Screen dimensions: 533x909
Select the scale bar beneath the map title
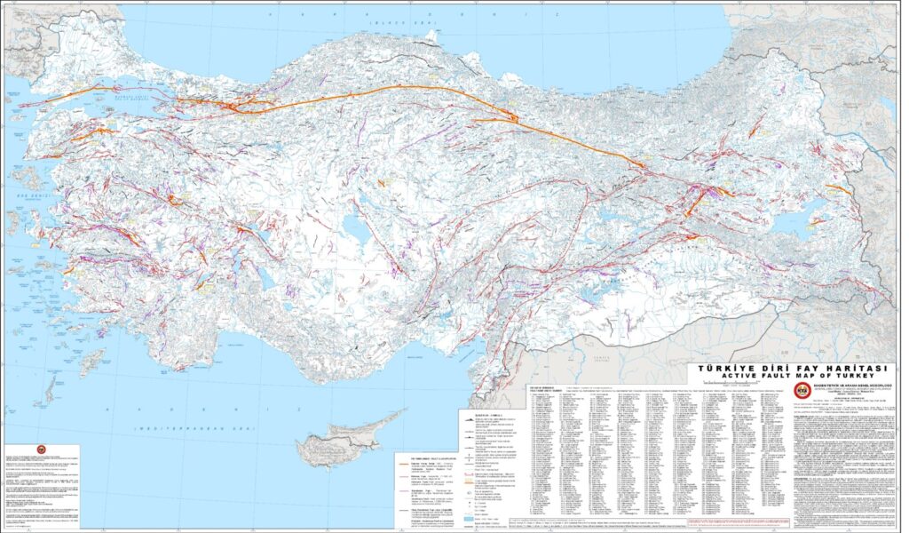point(793,386)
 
